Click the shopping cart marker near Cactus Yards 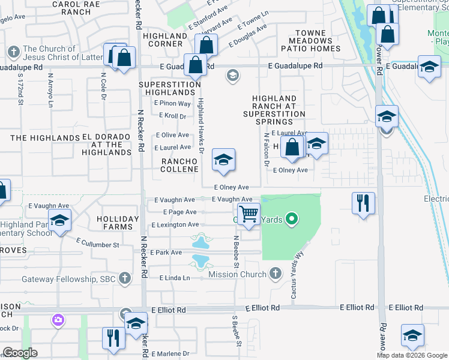(249, 214)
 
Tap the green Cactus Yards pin (292, 220)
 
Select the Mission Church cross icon (276, 274)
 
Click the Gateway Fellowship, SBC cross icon (124, 278)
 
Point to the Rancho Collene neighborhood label (179, 166)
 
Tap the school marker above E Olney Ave (224, 160)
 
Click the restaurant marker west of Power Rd (363, 203)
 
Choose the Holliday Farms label (117, 223)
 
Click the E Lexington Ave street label (175, 225)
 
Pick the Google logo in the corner (20, 353)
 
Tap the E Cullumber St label (98, 243)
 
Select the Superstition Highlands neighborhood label (170, 89)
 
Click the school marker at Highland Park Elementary (59, 221)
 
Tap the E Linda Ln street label (175, 278)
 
